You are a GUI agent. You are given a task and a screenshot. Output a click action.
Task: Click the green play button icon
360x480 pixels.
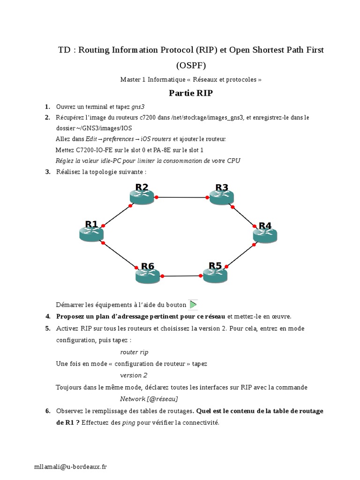193,304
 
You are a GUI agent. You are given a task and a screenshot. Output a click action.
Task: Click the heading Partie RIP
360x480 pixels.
191,93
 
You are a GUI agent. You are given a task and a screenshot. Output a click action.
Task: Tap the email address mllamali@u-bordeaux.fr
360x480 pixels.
70,466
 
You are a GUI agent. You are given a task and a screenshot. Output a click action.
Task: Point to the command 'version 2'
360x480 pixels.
134,375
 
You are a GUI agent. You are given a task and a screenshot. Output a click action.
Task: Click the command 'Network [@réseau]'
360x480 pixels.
149,399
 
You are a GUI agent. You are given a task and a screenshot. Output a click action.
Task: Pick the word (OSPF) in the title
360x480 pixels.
191,65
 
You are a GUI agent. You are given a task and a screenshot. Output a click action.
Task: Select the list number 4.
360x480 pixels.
48,316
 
